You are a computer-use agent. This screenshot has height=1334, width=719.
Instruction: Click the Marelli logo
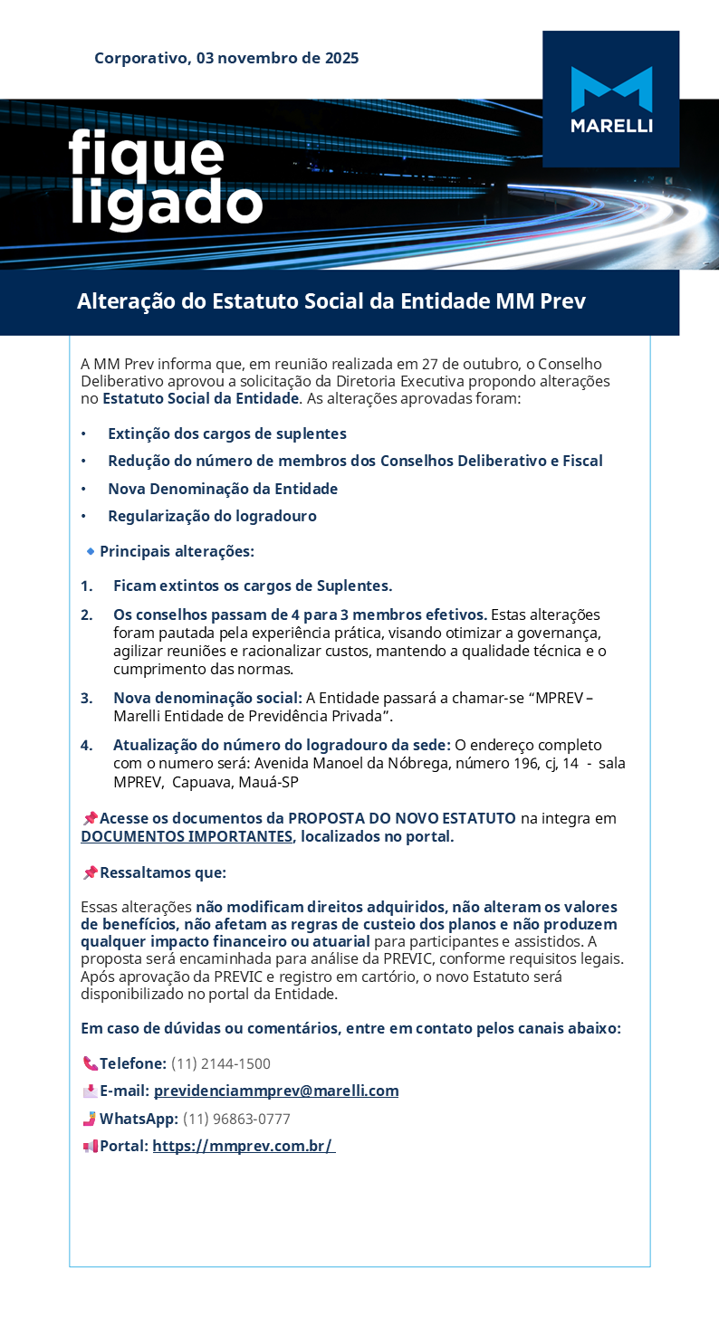pyautogui.click(x=611, y=99)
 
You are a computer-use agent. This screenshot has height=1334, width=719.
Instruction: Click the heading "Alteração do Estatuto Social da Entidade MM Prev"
pyautogui.click(x=331, y=301)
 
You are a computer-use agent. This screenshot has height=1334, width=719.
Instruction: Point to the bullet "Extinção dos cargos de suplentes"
pyautogui.click(x=226, y=434)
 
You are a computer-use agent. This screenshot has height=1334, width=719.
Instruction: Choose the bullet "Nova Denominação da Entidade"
pyautogui.click(x=223, y=490)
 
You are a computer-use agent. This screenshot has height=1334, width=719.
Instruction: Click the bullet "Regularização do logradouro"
pyautogui.click(x=212, y=517)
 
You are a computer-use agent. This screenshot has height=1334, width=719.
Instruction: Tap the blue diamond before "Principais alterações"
pyautogui.click(x=91, y=551)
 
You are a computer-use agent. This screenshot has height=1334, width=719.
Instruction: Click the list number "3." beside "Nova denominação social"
pyautogui.click(x=87, y=698)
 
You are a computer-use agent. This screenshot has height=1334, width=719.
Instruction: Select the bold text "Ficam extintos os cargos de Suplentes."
pyautogui.click(x=253, y=586)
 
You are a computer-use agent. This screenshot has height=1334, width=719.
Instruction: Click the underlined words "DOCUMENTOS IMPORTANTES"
pyautogui.click(x=187, y=836)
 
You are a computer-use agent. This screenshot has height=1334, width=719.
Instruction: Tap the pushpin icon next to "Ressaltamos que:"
pyautogui.click(x=90, y=873)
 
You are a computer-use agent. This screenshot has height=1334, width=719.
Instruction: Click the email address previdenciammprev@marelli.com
pyautogui.click(x=276, y=1091)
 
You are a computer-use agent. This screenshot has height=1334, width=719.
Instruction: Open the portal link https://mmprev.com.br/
pyautogui.click(x=243, y=1146)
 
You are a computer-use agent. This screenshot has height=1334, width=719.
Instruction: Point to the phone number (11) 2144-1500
pyautogui.click(x=220, y=1064)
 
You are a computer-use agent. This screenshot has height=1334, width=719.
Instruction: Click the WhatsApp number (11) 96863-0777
pyautogui.click(x=236, y=1120)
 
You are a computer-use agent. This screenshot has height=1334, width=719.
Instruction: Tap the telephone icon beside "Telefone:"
pyautogui.click(x=90, y=1064)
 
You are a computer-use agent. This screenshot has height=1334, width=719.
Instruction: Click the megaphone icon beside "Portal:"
pyautogui.click(x=90, y=1147)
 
